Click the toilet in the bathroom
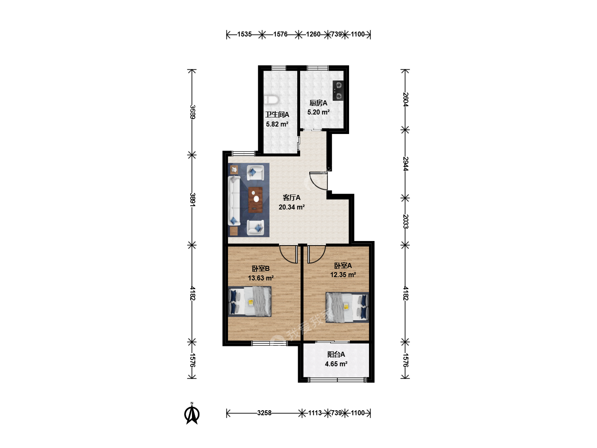(x=271, y=100)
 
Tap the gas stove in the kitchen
(x=338, y=90)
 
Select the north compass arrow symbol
(x=192, y=414)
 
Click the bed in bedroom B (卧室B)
(x=250, y=302)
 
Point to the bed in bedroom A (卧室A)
(x=347, y=307)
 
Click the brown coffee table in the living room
(x=255, y=200)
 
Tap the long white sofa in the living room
(x=234, y=201)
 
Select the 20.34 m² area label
(x=291, y=207)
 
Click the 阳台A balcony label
(x=336, y=354)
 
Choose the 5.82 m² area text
(x=277, y=124)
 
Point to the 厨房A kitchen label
(x=318, y=103)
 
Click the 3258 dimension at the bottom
(x=265, y=413)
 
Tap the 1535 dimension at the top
(x=244, y=34)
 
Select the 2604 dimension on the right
(x=405, y=100)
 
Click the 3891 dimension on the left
(x=192, y=200)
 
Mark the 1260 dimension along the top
(x=313, y=34)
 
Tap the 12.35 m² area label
(x=343, y=275)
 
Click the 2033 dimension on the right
(x=405, y=222)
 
